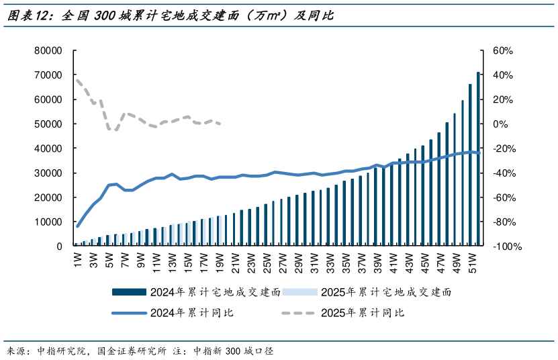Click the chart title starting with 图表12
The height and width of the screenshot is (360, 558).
click(x=168, y=16)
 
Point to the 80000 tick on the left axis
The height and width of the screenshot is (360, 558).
click(x=48, y=51)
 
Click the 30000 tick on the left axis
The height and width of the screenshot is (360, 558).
click(x=48, y=173)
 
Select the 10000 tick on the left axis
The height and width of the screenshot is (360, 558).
click(x=48, y=222)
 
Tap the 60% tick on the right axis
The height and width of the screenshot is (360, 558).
click(x=502, y=51)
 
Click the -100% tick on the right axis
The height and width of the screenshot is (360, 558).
click(x=507, y=246)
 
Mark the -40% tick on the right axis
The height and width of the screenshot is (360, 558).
click(x=504, y=173)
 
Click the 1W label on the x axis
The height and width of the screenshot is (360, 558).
click(x=78, y=258)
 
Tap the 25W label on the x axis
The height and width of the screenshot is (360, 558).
click(x=267, y=259)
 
